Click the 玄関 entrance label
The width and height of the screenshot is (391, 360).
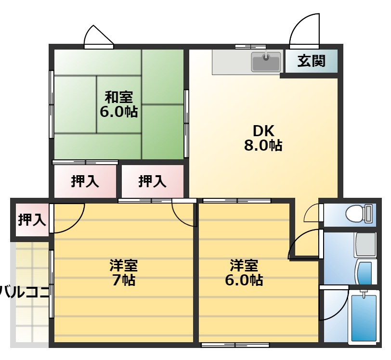311,61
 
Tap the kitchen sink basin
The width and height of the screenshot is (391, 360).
266,62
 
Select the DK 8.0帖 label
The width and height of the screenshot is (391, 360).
263,138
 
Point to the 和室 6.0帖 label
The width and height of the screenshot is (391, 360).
118,104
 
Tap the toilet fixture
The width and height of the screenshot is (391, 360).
360,213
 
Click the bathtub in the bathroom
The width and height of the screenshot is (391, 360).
364,318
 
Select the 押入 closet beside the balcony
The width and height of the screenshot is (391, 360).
32,220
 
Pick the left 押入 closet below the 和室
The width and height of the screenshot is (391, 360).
85,181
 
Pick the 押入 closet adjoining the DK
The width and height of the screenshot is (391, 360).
152,181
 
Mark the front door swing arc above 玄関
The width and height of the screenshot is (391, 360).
304,30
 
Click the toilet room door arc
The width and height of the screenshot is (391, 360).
312,213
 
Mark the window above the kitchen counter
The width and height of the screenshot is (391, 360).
249,47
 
